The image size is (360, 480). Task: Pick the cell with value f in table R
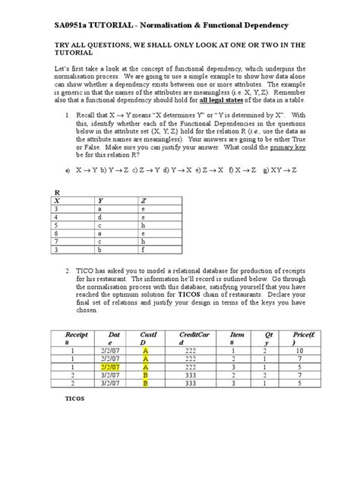144,248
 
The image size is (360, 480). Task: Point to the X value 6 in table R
56,232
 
